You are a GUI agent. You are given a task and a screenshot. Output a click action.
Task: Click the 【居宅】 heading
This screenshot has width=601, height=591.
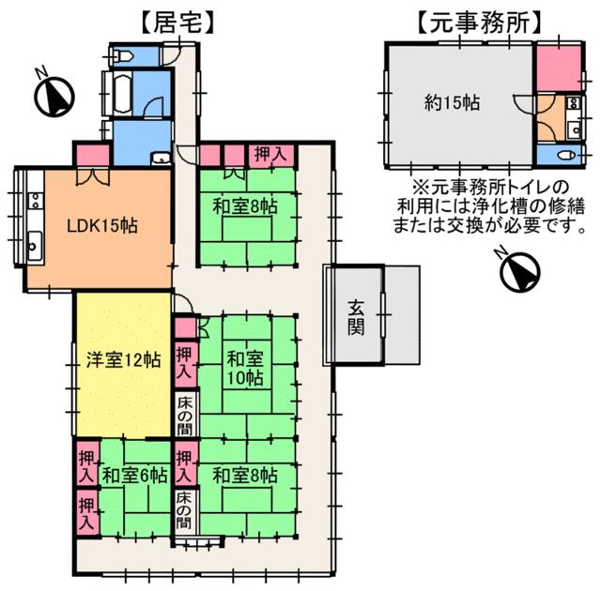click(177, 23)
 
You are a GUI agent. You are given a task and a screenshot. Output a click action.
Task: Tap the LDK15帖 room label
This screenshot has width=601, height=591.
click(102, 226)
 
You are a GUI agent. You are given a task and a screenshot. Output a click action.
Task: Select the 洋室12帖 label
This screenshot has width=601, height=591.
click(123, 360)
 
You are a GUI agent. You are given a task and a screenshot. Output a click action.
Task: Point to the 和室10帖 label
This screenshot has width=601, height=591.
click(245, 369)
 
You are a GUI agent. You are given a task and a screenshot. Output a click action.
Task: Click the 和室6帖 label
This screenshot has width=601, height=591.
click(135, 476)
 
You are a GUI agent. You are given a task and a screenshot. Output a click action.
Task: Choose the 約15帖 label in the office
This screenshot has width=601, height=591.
click(453, 103)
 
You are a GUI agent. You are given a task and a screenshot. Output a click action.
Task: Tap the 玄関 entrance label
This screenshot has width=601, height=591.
click(356, 318)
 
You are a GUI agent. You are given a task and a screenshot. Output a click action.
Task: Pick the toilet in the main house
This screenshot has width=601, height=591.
click(123, 57)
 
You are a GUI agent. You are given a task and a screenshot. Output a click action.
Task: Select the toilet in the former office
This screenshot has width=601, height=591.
click(566, 156)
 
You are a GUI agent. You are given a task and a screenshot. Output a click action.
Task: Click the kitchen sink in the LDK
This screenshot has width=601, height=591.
click(34, 245)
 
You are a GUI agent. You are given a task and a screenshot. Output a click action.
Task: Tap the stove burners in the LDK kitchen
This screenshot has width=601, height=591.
click(36, 200)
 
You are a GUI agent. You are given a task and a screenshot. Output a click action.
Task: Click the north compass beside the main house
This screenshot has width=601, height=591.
click(54, 95)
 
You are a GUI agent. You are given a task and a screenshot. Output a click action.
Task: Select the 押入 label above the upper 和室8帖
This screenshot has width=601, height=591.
click(271, 154)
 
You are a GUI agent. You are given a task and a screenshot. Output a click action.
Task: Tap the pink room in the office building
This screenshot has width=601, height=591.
click(559, 68)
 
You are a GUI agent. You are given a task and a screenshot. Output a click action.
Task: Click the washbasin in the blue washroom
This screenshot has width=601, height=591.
click(161, 159)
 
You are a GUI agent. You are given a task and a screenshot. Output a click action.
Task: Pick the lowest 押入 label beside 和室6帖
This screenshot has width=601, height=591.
click(86, 514)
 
